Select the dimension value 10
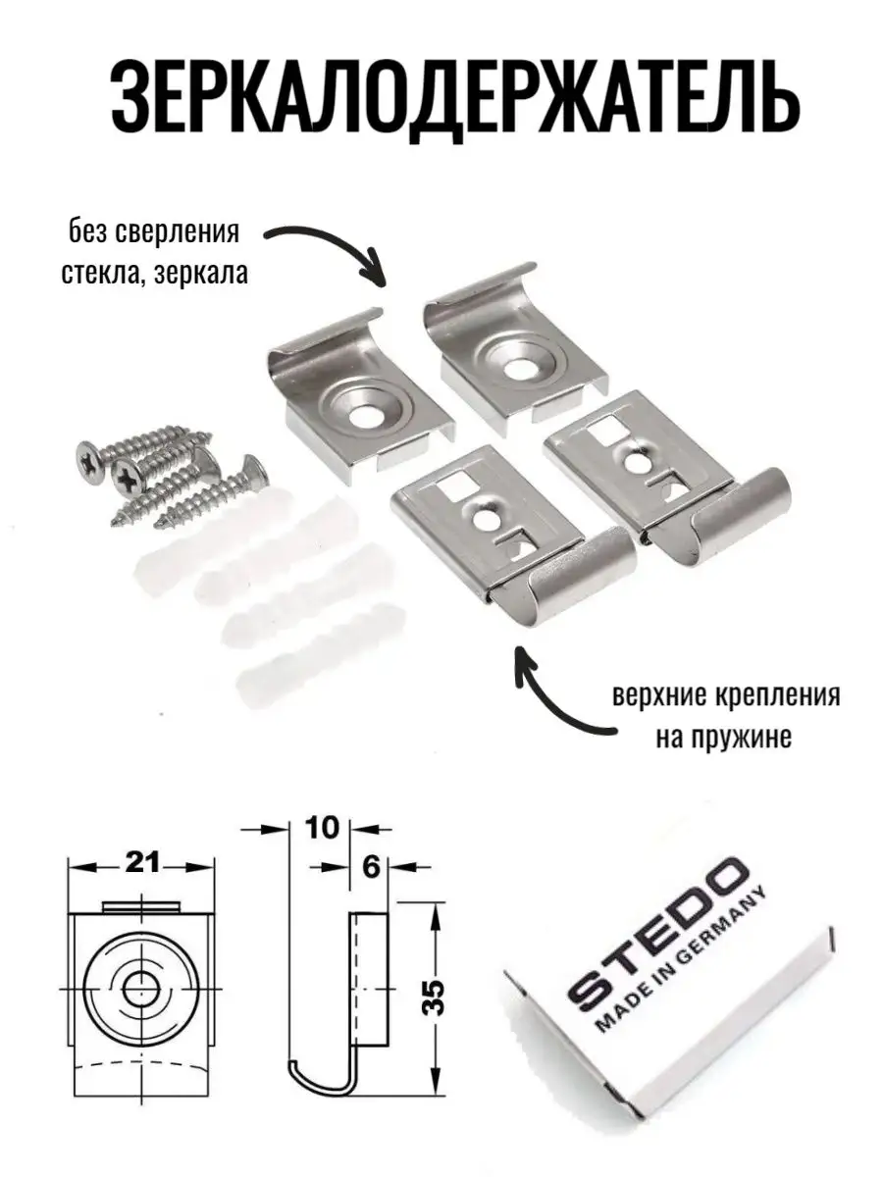pyautogui.click(x=322, y=829)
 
